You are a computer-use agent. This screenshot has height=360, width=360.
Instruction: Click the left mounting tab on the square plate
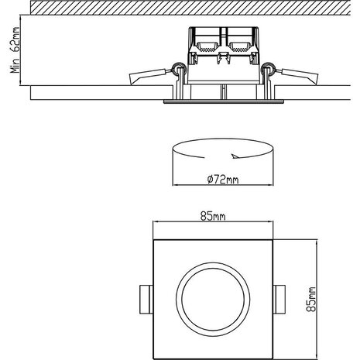146,297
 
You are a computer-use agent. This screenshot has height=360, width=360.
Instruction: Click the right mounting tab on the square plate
280,297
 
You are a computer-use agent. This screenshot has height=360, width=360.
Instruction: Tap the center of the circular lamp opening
213,297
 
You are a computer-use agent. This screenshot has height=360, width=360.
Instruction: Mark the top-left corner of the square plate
154,240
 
